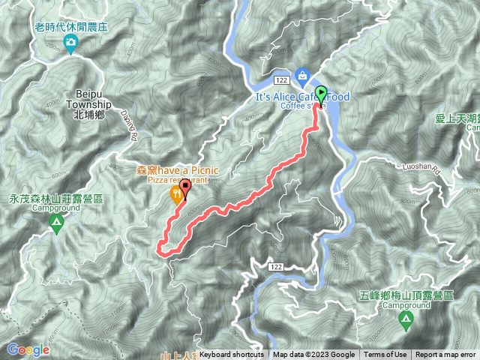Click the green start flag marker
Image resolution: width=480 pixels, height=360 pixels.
(322, 95)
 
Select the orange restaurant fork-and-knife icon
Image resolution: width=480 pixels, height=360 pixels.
(175, 194)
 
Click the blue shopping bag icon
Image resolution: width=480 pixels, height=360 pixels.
(301, 74)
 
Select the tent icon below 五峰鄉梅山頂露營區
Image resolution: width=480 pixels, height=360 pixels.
(406, 321)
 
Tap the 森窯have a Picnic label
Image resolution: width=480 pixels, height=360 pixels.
(177, 170)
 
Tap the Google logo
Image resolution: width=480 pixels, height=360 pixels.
(28, 349)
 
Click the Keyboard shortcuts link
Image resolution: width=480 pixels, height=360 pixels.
(232, 355)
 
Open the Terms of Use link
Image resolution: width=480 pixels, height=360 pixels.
(385, 355)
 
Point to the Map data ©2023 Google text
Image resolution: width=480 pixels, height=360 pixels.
(313, 355)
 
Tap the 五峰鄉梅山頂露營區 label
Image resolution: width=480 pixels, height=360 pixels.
(411, 296)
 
